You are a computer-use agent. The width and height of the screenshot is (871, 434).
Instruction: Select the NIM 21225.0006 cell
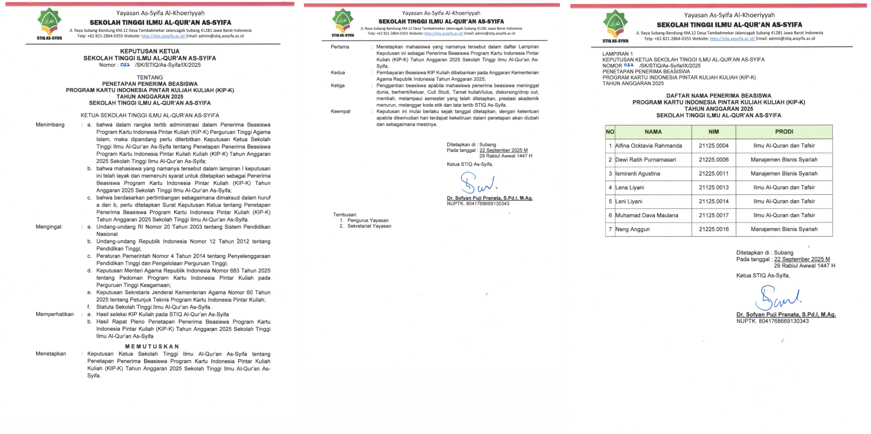pos(713,160)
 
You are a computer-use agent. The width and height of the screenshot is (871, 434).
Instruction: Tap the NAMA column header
pos(653,132)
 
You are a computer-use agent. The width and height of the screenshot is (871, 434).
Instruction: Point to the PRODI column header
pos(784,132)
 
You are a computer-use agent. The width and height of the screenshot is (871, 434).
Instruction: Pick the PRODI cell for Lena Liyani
pos(784,188)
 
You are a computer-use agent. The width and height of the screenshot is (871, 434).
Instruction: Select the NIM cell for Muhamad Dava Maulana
pos(713,215)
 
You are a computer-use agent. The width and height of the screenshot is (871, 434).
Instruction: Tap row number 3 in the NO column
pos(610,174)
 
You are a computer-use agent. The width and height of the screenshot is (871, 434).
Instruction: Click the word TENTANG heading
pos(150,78)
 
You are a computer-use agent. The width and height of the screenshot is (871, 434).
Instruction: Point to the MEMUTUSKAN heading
pos(152,346)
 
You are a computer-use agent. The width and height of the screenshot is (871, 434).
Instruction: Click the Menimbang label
pos(50,125)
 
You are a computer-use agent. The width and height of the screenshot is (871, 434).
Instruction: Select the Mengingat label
pos(49,227)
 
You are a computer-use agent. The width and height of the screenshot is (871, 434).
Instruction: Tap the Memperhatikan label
pos(55,315)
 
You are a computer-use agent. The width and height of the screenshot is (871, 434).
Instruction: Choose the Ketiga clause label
pos(338,86)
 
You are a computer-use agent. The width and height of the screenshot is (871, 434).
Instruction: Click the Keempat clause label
pos(340,112)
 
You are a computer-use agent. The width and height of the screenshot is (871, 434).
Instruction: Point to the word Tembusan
pos(345,215)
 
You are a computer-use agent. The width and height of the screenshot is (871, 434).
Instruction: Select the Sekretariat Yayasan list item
pos(369,226)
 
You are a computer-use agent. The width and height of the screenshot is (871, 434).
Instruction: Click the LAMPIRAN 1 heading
pos(617,54)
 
